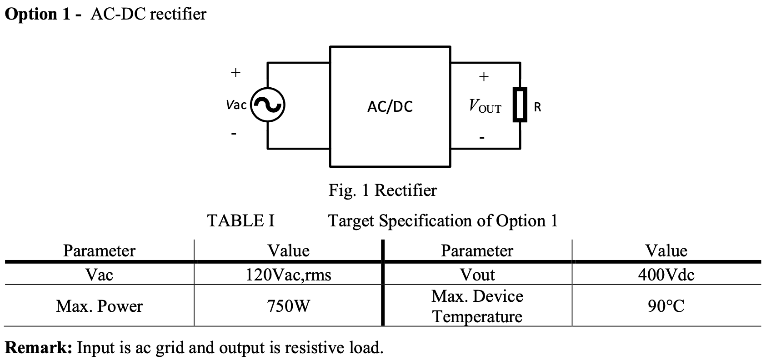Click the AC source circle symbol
tap(268, 105)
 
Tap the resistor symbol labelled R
tap(520, 105)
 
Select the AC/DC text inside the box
tap(390, 107)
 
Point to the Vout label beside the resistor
tap(485, 107)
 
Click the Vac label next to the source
tap(236, 105)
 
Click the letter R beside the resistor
tap(537, 107)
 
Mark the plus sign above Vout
tap(484, 76)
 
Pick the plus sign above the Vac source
tap(235, 72)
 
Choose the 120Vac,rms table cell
tap(288, 275)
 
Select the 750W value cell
tap(288, 306)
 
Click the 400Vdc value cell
tap(666, 275)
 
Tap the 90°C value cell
tap(666, 306)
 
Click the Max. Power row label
tap(99, 306)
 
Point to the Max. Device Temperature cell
tap(477, 306)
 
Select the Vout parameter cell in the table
tap(477, 275)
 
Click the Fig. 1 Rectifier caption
tap(382, 190)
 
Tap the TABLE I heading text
tap(240, 221)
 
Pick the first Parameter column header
tap(99, 251)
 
